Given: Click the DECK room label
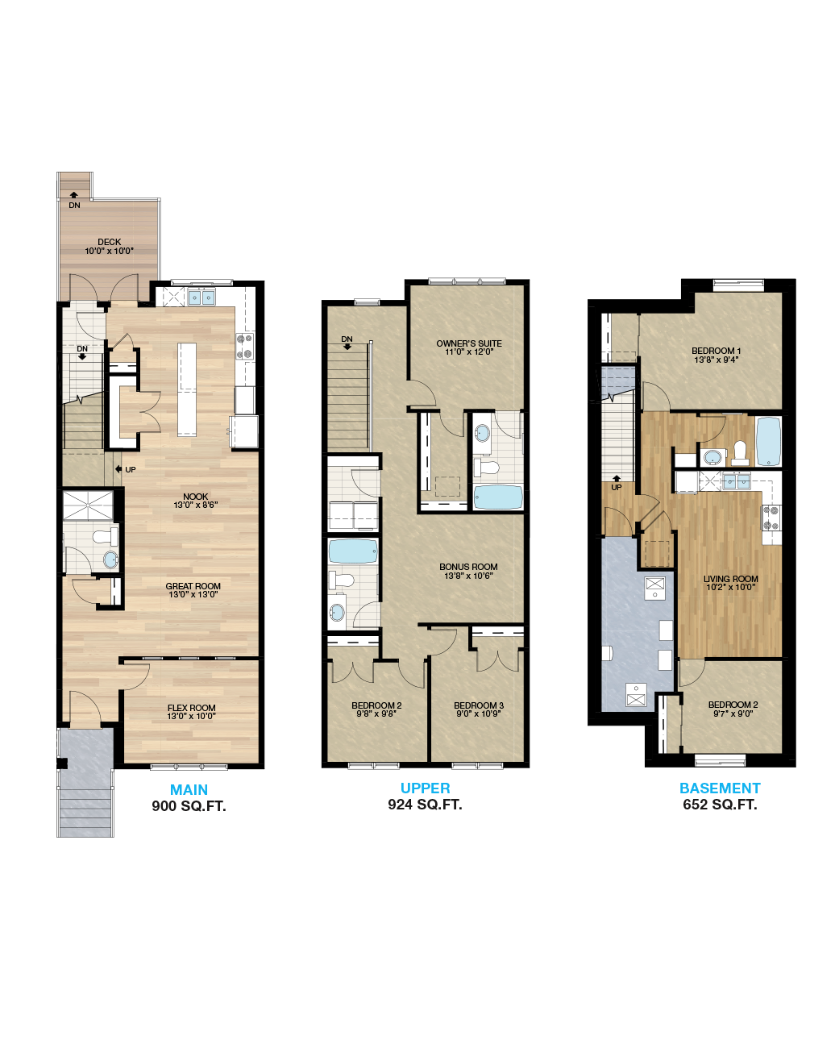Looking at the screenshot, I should click(110, 242).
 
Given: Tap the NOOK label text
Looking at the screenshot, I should click(195, 497).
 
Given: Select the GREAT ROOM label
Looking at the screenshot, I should click(193, 586).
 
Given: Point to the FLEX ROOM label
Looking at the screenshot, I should click(191, 708).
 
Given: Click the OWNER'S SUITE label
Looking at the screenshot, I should click(469, 343).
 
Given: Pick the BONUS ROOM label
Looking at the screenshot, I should click(468, 567).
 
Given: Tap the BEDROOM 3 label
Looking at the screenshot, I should click(479, 705).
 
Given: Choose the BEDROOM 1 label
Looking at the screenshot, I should click(717, 351).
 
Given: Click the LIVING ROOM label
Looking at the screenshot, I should click(730, 578).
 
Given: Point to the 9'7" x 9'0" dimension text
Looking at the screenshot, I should click(732, 713).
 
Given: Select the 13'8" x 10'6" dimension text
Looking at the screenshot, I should click(468, 576).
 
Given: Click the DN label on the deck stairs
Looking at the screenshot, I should click(74, 206).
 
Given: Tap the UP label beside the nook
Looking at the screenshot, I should click(130, 469).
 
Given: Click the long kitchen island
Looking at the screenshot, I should click(187, 388).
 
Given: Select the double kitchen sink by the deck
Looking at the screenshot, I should click(201, 297).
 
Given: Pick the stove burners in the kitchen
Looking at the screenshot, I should click(245, 346).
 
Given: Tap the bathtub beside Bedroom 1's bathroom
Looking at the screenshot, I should click(769, 441).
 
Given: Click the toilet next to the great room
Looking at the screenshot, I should click(102, 536).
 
